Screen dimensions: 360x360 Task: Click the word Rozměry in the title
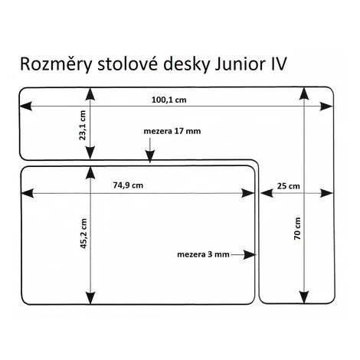[56, 64]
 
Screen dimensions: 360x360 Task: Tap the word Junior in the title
[239, 64]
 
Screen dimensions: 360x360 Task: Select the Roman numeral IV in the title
[278, 64]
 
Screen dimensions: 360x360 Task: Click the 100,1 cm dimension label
[169, 100]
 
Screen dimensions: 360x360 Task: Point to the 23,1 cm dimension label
[83, 126]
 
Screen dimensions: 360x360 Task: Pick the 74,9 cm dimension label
[128, 185]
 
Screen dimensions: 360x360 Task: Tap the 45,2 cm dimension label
[83, 233]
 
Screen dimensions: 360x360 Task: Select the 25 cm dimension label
[289, 186]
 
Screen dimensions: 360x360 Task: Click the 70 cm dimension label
[297, 228]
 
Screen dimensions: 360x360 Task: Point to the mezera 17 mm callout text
[172, 131]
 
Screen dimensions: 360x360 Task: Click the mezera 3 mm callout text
[203, 254]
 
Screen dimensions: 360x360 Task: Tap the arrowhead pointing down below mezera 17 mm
[150, 156]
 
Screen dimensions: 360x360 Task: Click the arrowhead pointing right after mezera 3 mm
[250, 254]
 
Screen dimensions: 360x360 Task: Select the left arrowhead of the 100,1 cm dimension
[26, 106]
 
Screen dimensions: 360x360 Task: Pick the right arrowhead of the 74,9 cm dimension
[247, 193]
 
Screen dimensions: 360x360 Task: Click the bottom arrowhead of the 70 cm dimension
[304, 297]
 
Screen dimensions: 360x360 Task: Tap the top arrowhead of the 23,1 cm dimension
[90, 94]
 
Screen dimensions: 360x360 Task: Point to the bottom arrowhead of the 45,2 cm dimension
[90, 298]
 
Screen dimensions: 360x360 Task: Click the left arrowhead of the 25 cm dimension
[267, 193]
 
